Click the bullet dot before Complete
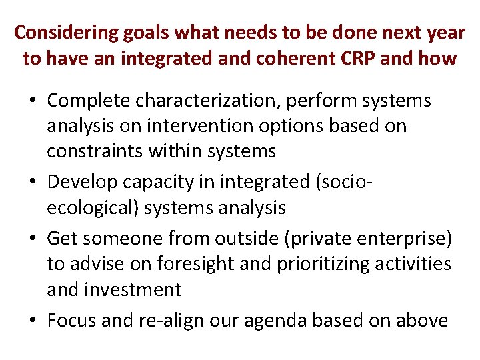pyautogui.click(x=31, y=101)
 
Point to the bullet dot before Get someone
pyautogui.click(x=31, y=239)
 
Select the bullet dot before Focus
pyautogui.click(x=31, y=320)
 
